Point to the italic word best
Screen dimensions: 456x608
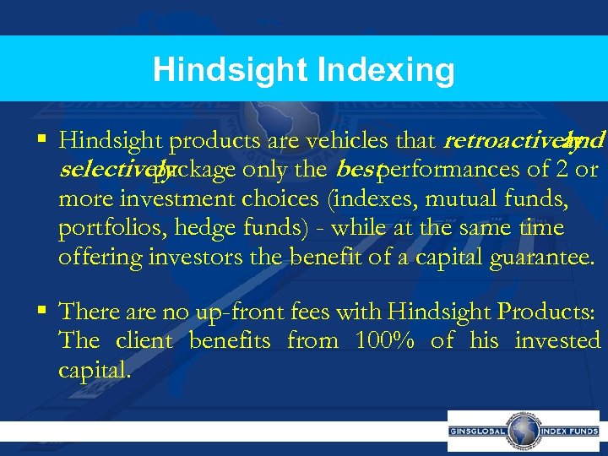pos(355,169)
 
